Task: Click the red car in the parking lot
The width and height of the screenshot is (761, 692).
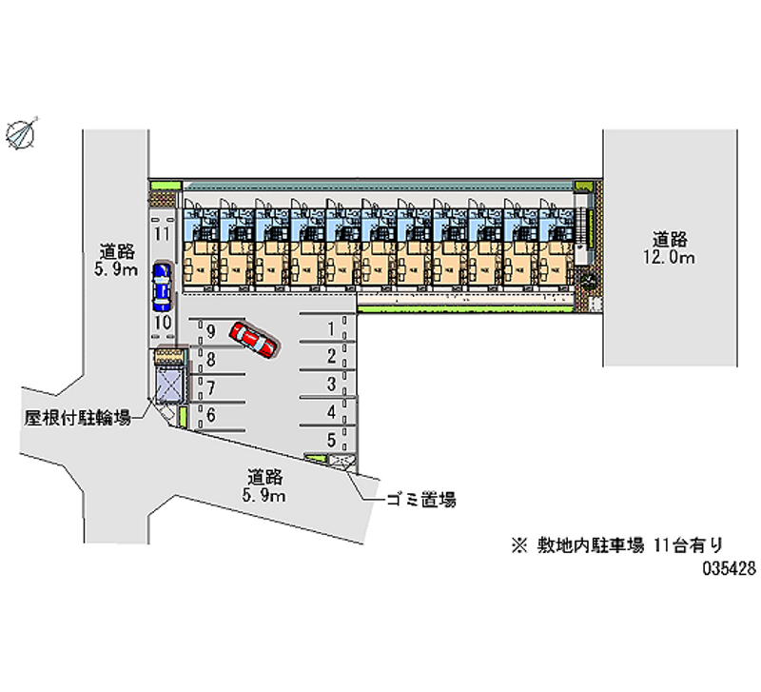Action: click(253, 338)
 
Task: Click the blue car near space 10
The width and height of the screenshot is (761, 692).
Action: click(162, 288)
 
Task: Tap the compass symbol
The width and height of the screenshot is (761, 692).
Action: click(22, 132)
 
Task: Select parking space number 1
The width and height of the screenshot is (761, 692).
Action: click(330, 329)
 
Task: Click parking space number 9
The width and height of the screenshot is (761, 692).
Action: click(210, 331)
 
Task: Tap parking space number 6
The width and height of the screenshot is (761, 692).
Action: click(210, 414)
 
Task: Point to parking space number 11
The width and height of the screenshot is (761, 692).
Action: click(161, 233)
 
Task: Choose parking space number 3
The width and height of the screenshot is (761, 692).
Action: click(330, 385)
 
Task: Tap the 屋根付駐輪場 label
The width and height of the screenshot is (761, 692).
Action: click(78, 417)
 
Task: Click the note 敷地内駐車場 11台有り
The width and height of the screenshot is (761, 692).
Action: click(618, 545)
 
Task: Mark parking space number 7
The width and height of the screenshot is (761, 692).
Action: click(210, 387)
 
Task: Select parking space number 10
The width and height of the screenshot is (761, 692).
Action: click(162, 324)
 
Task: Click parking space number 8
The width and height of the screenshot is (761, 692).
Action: click(210, 360)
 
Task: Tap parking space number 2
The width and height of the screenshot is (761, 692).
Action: click(330, 357)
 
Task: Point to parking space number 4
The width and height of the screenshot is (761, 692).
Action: click(330, 412)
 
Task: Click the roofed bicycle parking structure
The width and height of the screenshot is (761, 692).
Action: click(168, 385)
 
